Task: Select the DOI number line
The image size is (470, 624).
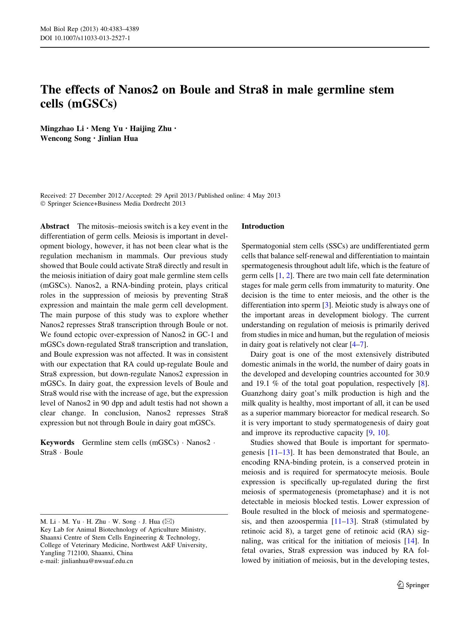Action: [x=85, y=38]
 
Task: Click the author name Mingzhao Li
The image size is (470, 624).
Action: [x=62, y=129]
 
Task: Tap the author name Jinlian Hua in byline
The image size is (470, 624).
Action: [x=118, y=139]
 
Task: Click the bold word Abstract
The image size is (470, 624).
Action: [x=55, y=226]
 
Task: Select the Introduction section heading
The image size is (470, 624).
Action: [x=262, y=226]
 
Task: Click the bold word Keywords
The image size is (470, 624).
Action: [x=57, y=443]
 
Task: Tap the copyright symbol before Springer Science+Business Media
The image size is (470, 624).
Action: [x=42, y=204]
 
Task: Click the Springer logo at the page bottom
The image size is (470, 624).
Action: [x=413, y=585]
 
